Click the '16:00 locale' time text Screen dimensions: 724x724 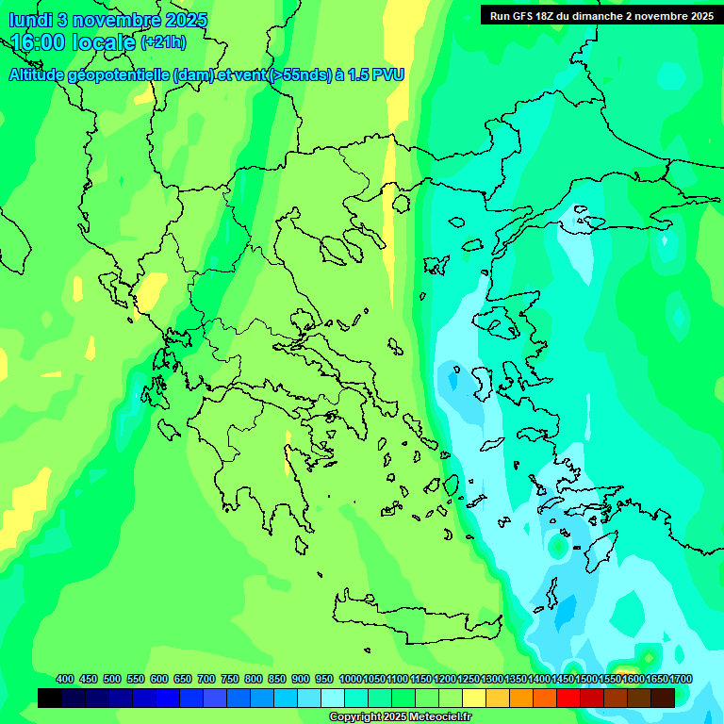coord(73,42)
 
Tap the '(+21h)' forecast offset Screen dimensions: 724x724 coord(163,42)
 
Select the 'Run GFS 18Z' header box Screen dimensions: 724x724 coord(601,15)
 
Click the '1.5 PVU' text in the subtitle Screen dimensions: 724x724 coord(376,74)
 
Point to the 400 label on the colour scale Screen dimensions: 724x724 coord(65,679)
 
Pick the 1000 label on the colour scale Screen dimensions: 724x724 coord(350,679)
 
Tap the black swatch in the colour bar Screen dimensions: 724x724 coord(50,698)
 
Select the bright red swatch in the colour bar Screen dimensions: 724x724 coord(568,698)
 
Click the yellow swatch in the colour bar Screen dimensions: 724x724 coord(474,698)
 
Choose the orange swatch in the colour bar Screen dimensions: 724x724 coord(521,698)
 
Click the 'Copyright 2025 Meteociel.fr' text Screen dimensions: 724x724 coord(401,716)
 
